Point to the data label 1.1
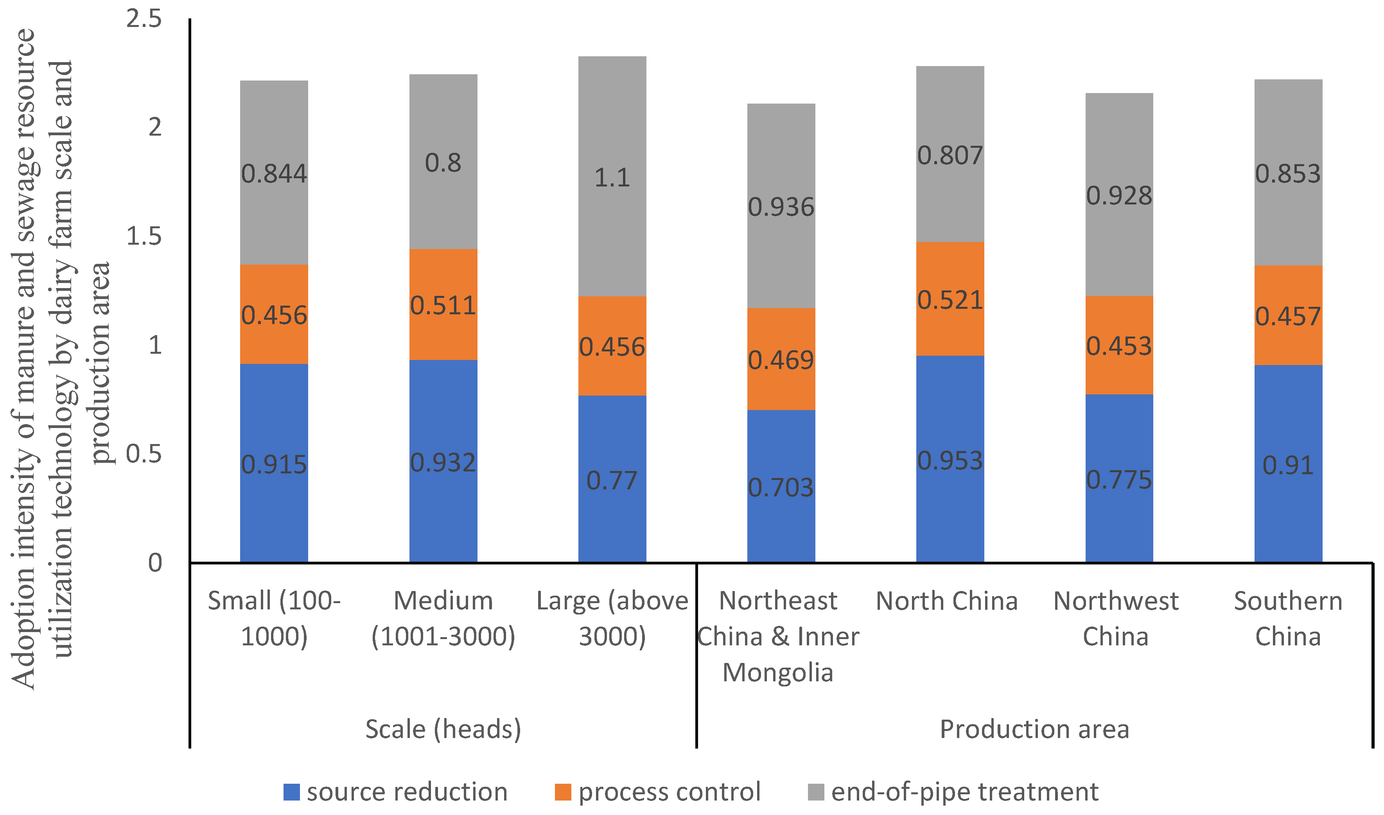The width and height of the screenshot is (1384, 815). click(612, 178)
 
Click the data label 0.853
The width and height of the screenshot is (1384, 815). click(1288, 174)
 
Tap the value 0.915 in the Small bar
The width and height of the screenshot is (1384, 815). click(274, 465)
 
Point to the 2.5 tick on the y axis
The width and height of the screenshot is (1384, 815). click(144, 19)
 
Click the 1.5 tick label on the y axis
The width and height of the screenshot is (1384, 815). click(144, 236)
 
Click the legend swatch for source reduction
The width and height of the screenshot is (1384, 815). click(291, 792)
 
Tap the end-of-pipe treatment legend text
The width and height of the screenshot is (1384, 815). click(965, 792)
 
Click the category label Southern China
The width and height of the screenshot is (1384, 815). click(1288, 618)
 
